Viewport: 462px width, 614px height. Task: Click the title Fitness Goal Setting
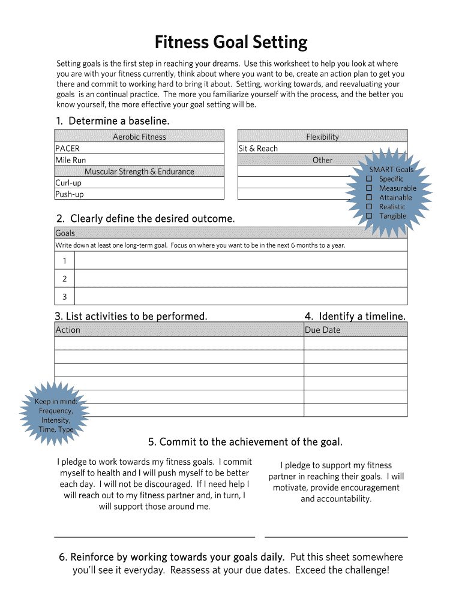pyautogui.click(x=231, y=43)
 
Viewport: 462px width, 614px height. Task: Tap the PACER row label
pyautogui.click(x=67, y=149)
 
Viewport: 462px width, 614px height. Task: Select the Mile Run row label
pyautogui.click(x=70, y=160)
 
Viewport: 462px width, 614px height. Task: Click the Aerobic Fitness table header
pyautogui.click(x=139, y=137)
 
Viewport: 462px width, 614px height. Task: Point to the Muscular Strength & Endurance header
pyautogui.click(x=139, y=171)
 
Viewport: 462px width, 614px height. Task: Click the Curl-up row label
pyautogui.click(x=68, y=183)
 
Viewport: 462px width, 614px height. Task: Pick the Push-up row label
pyautogui.click(x=70, y=194)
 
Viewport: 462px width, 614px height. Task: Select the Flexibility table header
pyautogui.click(x=322, y=137)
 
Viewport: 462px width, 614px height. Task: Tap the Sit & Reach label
pyautogui.click(x=258, y=149)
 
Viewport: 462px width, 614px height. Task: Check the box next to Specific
pyautogui.click(x=370, y=179)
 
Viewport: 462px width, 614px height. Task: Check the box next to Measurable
pyautogui.click(x=370, y=188)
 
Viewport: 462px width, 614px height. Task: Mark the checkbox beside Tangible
pyautogui.click(x=370, y=216)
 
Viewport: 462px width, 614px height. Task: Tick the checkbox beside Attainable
pyautogui.click(x=370, y=197)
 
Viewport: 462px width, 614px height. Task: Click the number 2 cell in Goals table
pyautogui.click(x=64, y=279)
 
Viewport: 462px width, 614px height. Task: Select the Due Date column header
pyautogui.click(x=323, y=330)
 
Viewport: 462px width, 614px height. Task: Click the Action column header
pyautogui.click(x=68, y=330)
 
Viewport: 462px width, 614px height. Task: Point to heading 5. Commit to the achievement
pyautogui.click(x=245, y=442)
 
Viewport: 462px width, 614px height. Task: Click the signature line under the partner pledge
pyautogui.click(x=336, y=537)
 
